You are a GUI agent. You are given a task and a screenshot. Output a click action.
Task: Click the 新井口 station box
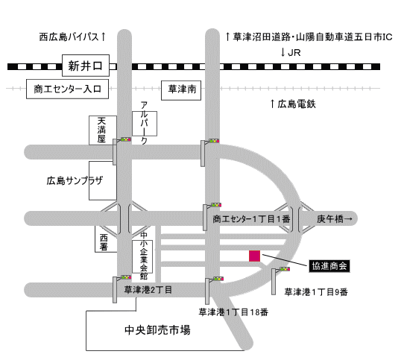coord(86,66)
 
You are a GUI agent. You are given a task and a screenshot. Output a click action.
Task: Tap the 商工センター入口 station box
coord(68,89)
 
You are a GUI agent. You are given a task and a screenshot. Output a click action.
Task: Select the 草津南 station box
coord(181,90)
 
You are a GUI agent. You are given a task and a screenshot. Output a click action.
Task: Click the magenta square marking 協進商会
coord(254,256)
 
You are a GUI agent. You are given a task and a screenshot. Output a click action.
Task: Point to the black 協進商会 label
coord(329,266)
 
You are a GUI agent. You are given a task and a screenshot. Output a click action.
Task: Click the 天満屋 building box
coord(103,130)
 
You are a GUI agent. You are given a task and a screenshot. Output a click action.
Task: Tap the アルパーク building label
coord(145,123)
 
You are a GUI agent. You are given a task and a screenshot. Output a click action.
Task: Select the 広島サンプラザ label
coord(75,180)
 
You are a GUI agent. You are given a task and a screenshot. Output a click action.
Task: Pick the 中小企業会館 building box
coord(142,256)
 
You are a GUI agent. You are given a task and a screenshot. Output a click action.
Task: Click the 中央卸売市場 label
coord(157,330)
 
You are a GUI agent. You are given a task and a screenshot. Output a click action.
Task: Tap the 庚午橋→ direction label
coord(335,219)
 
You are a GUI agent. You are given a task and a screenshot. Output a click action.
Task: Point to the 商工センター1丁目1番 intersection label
coord(251,219)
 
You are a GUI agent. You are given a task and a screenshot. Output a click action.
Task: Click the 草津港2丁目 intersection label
coord(148,290)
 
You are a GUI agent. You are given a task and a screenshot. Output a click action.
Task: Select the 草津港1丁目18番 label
coord(233,312)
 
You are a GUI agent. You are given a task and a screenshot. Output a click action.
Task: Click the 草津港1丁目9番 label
coord(316,292)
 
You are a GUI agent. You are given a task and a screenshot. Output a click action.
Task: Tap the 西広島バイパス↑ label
coord(73,37)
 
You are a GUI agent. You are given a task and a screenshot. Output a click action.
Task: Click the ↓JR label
coord(291,53)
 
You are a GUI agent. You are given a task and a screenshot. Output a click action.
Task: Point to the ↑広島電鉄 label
coord(293,104)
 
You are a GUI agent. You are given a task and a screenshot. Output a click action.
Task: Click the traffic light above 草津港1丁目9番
coord(285,269)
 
